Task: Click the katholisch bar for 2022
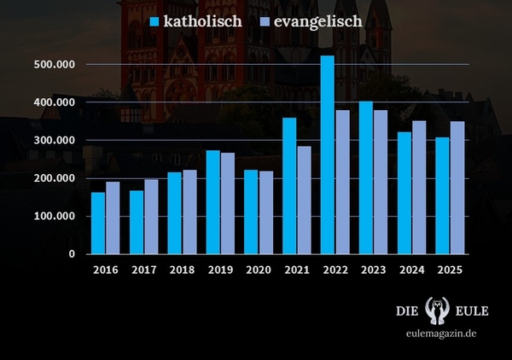pyautogui.click(x=327, y=154)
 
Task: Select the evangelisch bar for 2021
pyautogui.click(x=304, y=200)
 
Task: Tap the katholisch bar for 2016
pyautogui.click(x=98, y=223)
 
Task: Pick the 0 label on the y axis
pyautogui.click(x=73, y=254)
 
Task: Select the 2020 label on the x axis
pyautogui.click(x=259, y=270)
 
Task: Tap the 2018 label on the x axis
pyautogui.click(x=182, y=270)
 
